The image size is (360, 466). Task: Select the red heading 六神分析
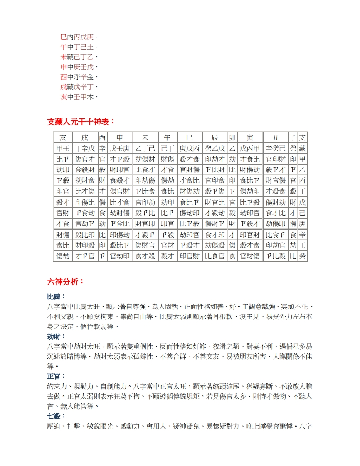point(66,282)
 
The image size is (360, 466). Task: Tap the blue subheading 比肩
point(57,297)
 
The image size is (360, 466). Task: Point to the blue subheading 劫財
point(57,336)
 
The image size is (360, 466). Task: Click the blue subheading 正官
point(57,376)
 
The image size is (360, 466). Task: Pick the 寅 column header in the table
point(250,137)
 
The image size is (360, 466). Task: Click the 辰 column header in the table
point(215,137)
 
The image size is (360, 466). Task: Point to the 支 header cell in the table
point(303,137)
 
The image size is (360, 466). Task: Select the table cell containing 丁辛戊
point(85,148)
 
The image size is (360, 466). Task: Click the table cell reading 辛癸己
point(276,148)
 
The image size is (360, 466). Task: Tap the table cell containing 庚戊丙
point(190,148)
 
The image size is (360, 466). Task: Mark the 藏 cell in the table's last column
point(303,148)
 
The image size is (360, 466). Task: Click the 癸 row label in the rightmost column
point(303,256)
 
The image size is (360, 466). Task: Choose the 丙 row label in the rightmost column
point(303,181)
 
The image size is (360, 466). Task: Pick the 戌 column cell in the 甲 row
point(85,159)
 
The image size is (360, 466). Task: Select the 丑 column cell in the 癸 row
point(276,256)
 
